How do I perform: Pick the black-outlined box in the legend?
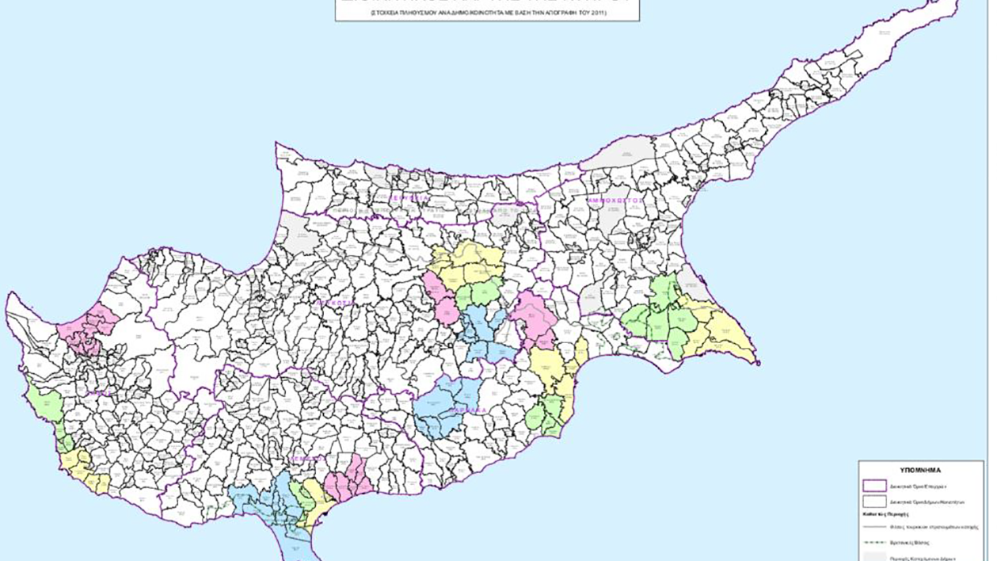874,502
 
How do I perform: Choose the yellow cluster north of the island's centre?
467,265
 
